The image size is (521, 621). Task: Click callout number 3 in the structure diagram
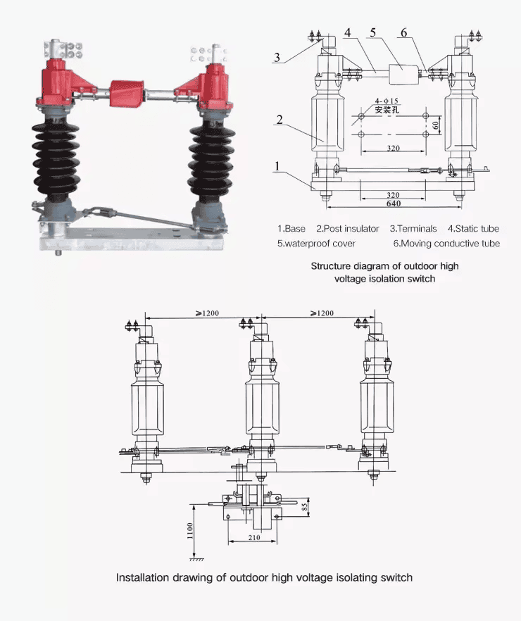pos(279,58)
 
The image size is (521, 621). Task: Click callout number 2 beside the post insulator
pos(280,119)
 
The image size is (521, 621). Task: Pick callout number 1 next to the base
pos(279,166)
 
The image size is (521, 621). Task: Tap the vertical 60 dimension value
pos(437,124)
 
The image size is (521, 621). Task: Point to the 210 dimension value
pos(254,539)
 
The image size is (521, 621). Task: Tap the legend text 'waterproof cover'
pos(320,244)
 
